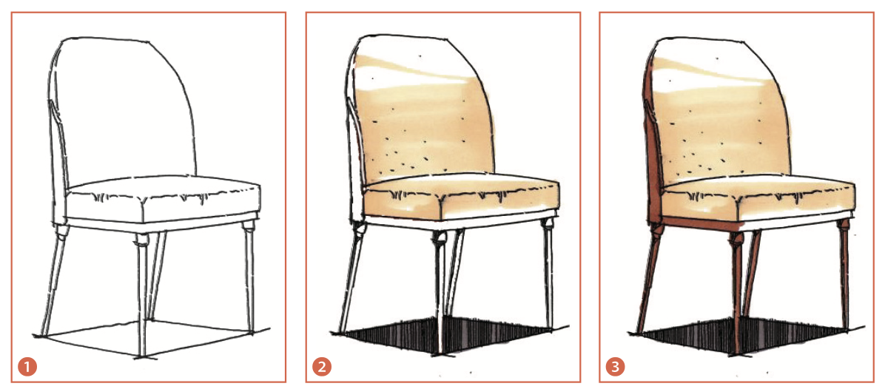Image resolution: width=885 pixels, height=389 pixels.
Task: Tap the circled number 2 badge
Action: tap(320, 368)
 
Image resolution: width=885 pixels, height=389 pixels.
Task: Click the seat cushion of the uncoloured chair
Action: tap(164, 200)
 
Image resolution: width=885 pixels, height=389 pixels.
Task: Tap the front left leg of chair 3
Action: tap(737, 293)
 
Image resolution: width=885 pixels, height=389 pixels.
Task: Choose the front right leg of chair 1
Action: tap(249, 277)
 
